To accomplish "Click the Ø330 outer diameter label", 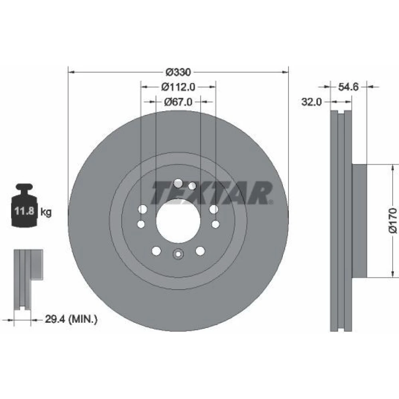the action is pyautogui.click(x=178, y=72).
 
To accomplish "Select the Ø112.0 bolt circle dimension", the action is pyautogui.click(x=178, y=87).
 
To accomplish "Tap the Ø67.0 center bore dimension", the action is pyautogui.click(x=178, y=102).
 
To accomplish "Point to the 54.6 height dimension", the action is pyautogui.click(x=348, y=87).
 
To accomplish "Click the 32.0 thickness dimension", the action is pyautogui.click(x=312, y=102).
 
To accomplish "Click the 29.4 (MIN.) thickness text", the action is pyautogui.click(x=71, y=319).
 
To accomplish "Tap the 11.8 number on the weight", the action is pyautogui.click(x=24, y=211).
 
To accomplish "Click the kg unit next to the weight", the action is pyautogui.click(x=46, y=212).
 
